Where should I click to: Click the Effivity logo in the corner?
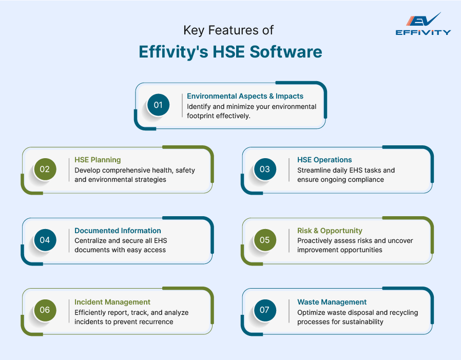click(423, 24)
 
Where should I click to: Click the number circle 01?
click(158, 105)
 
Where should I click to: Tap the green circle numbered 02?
click(45, 169)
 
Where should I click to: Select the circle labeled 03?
click(264, 169)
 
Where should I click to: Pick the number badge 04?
click(45, 240)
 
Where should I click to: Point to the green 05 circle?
click(264, 240)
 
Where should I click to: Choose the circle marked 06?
click(45, 310)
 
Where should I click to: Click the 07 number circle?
click(264, 310)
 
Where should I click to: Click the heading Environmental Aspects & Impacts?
click(245, 96)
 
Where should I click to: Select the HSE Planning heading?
click(98, 160)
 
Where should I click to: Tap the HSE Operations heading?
click(324, 160)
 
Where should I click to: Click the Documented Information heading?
click(118, 231)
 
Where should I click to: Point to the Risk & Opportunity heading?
click(330, 231)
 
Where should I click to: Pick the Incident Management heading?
click(112, 302)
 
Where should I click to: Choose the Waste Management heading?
click(332, 302)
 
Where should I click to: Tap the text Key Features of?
click(228, 30)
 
